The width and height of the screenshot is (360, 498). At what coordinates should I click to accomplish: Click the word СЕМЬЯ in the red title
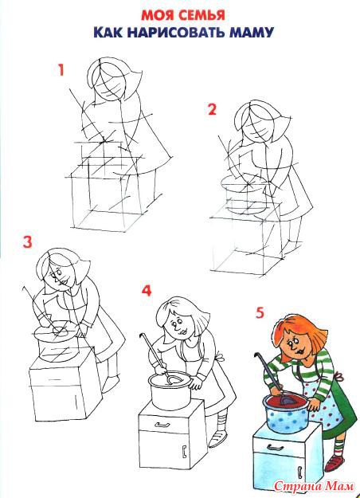[x=201, y=15]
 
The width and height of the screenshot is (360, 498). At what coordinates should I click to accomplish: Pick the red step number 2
[x=212, y=109]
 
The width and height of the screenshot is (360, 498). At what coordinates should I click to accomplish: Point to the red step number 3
[x=27, y=242]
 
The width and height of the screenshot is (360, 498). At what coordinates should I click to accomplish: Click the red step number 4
[x=147, y=291]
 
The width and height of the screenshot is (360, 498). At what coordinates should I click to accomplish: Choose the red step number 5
[x=260, y=313]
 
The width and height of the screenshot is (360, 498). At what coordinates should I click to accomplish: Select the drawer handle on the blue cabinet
[x=275, y=448]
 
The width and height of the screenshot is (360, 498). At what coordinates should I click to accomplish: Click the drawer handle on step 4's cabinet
[x=161, y=425]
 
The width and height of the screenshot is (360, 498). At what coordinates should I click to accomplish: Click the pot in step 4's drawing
[x=170, y=390]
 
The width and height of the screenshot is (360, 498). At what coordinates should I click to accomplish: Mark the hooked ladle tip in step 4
[x=141, y=335]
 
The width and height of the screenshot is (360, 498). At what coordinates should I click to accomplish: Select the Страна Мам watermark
[x=313, y=485]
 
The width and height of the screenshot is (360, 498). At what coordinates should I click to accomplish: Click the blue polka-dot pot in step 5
[x=285, y=413]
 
